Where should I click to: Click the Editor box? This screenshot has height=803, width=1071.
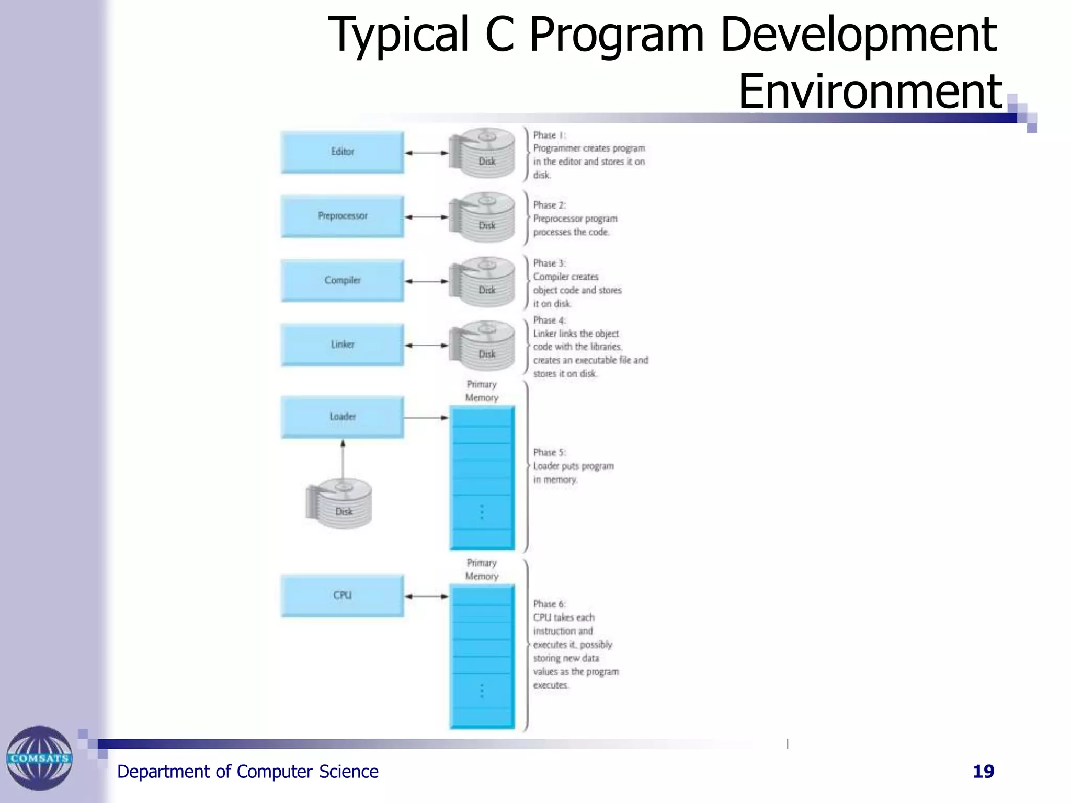(342, 152)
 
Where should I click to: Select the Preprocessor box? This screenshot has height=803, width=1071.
(342, 216)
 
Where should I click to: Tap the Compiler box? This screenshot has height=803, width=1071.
(342, 280)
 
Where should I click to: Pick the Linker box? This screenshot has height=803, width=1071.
(342, 345)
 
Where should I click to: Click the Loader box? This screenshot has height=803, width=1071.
(342, 417)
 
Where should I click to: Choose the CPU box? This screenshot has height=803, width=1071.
(342, 595)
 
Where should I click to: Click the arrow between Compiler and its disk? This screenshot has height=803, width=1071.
(427, 281)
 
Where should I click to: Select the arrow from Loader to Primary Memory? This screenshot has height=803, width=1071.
(426, 418)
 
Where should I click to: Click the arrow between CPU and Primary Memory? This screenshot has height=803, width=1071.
(427, 596)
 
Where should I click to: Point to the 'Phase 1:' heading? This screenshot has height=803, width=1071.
(549, 135)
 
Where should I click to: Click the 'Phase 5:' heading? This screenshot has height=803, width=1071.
(549, 452)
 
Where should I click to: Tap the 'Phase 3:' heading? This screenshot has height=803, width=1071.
(549, 263)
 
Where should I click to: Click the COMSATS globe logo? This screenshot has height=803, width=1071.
(39, 758)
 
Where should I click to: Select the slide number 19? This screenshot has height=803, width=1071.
(983, 771)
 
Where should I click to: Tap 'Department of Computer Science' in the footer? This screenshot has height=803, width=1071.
(247, 772)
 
